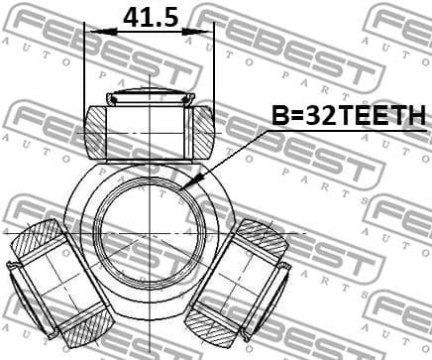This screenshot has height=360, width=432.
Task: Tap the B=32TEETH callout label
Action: coord(348,117)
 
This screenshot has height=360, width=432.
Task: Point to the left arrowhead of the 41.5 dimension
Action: coord(90,31)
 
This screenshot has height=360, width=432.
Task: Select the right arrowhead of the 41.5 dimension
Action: coord(207,31)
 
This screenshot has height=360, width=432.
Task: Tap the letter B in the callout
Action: coord(280,117)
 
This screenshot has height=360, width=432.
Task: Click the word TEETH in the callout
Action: coord(381,117)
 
